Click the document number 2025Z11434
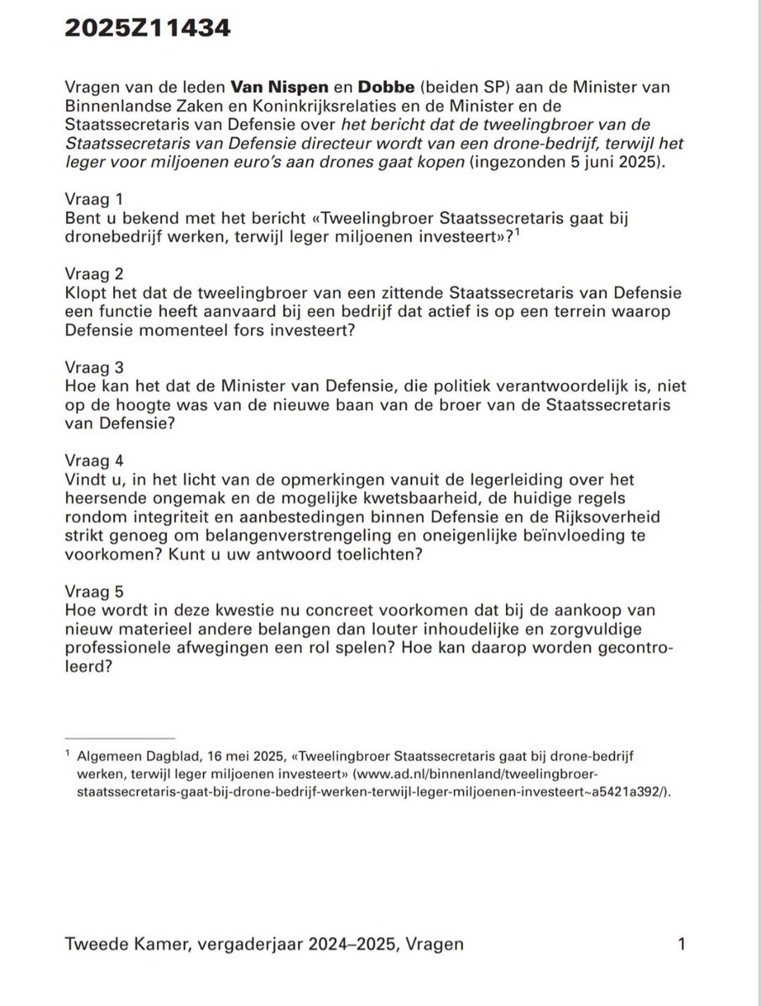click(147, 29)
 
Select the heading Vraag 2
click(93, 273)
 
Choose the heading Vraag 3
click(93, 366)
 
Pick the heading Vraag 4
click(93, 459)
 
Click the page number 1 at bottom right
click(680, 945)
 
